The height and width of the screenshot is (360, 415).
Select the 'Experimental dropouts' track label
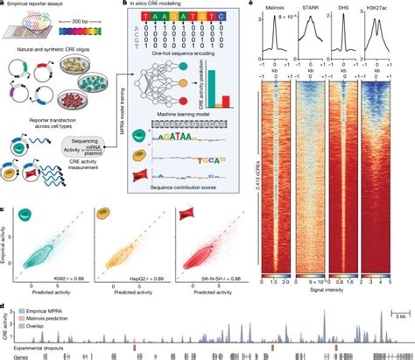point(36,347)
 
